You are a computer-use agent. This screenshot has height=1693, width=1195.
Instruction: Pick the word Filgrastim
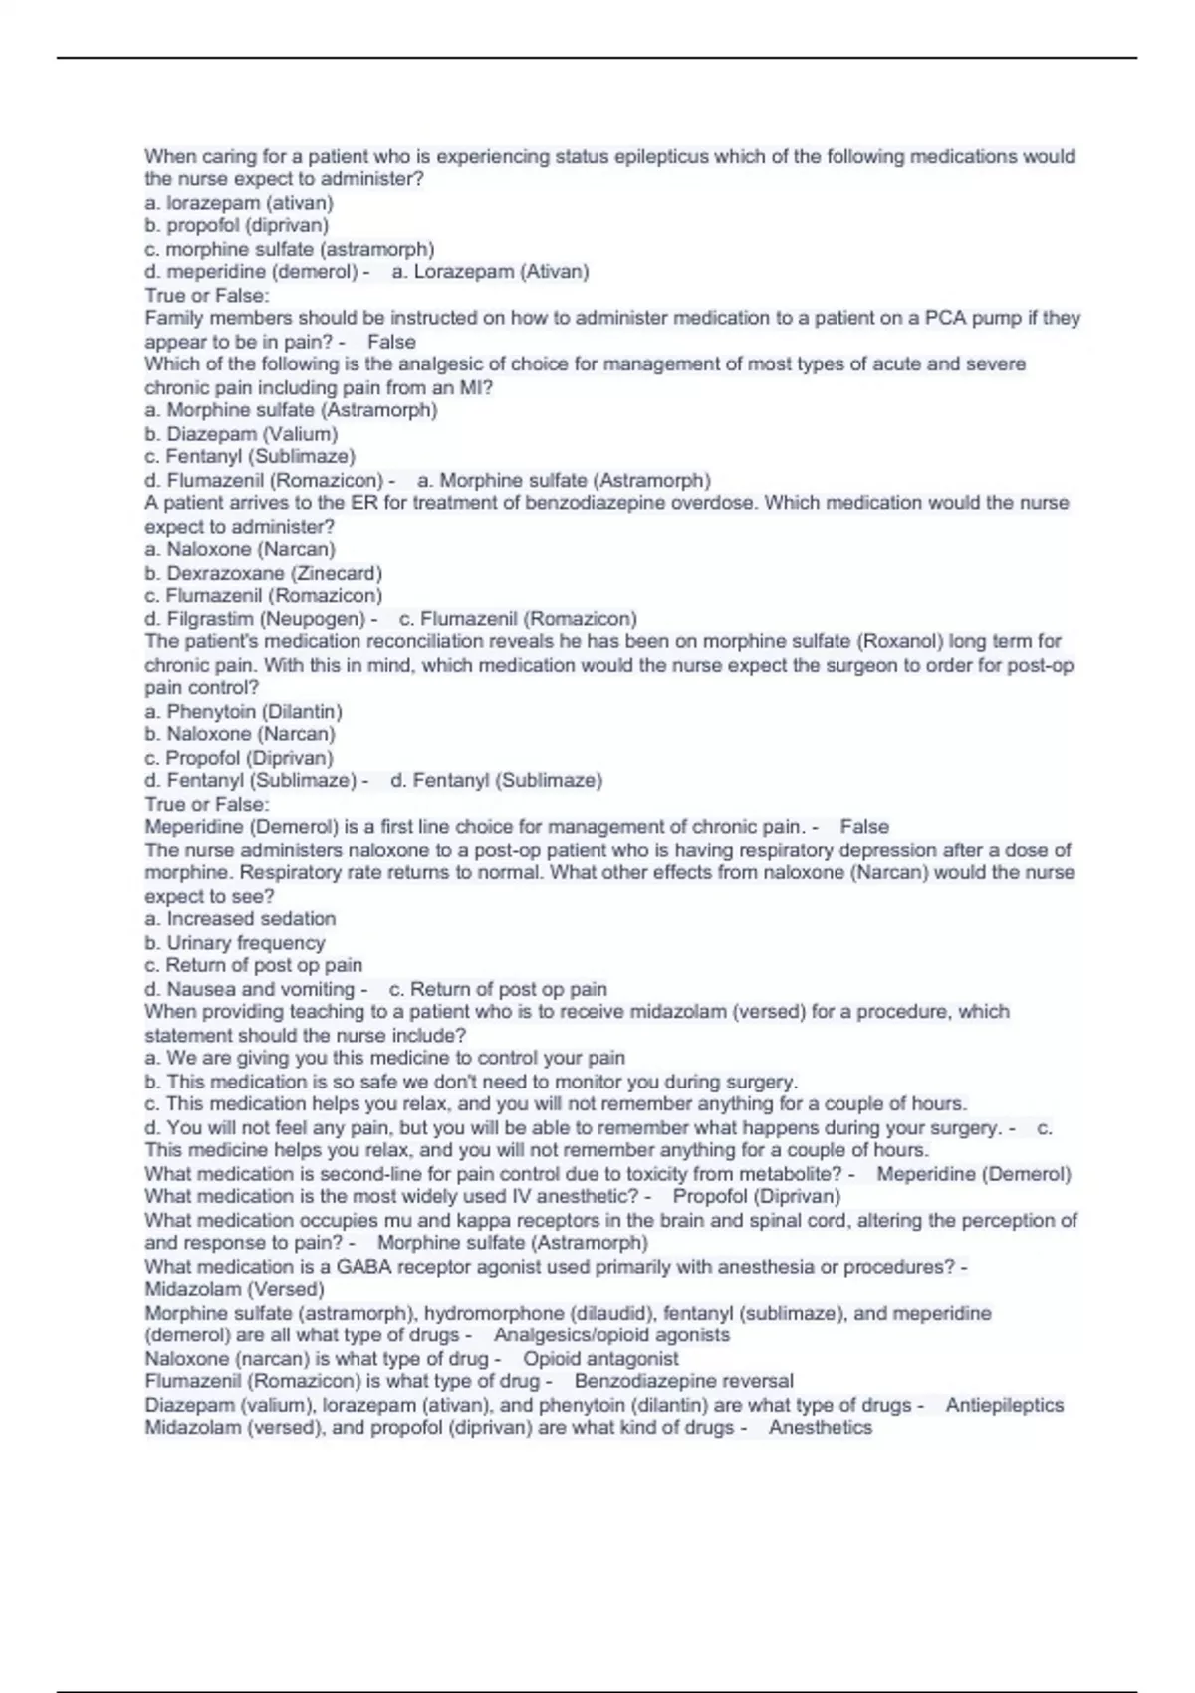[x=210, y=618]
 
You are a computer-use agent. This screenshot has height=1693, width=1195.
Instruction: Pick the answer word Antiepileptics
[x=1004, y=1405]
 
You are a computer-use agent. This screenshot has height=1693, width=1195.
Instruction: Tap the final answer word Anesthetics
[x=821, y=1427]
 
